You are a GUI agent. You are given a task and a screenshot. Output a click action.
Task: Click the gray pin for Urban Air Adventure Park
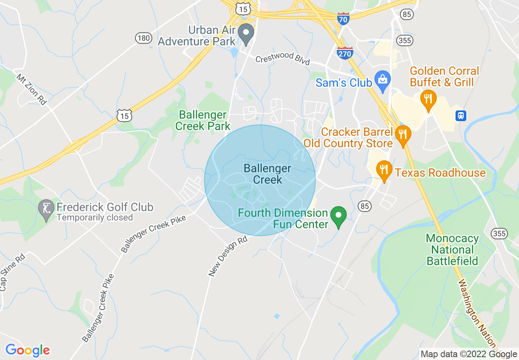246,34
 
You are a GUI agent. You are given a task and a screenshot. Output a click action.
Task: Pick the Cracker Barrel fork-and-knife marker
403,135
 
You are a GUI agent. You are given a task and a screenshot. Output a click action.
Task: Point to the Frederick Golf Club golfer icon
46,209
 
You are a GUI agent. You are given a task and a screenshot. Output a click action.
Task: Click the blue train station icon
461,115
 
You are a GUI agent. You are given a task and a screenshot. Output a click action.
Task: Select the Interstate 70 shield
343,19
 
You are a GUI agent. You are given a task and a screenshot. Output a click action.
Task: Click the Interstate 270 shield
345,53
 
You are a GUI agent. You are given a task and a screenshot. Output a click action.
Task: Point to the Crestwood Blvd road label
282,59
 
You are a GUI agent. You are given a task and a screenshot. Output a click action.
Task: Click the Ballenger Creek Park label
203,120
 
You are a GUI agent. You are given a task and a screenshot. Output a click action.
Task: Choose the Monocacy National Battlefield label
452,250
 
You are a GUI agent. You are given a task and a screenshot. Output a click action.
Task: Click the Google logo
27,350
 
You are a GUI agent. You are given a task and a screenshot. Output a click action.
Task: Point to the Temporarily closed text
95,218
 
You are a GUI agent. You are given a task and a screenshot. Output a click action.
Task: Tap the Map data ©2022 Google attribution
469,354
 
